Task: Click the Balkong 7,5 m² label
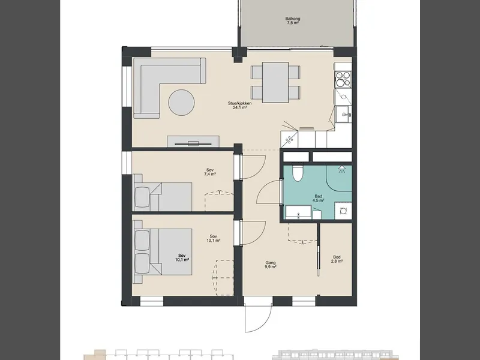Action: click(x=293, y=20)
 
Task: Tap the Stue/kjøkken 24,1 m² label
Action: click(x=239, y=106)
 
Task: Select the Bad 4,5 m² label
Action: click(x=319, y=199)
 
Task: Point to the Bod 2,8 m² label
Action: click(x=337, y=259)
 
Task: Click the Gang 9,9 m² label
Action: click(x=271, y=265)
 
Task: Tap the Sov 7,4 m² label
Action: click(x=210, y=172)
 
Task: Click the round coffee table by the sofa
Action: click(x=182, y=103)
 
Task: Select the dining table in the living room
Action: click(x=275, y=82)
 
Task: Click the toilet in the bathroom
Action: click(x=297, y=173)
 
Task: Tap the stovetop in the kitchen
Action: click(x=343, y=79)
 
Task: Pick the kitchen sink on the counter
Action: click(x=343, y=115)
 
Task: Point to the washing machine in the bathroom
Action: click(x=343, y=211)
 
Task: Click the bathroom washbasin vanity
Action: click(x=298, y=212)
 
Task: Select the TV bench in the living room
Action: click(x=193, y=142)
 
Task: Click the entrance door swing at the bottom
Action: click(x=258, y=319)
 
